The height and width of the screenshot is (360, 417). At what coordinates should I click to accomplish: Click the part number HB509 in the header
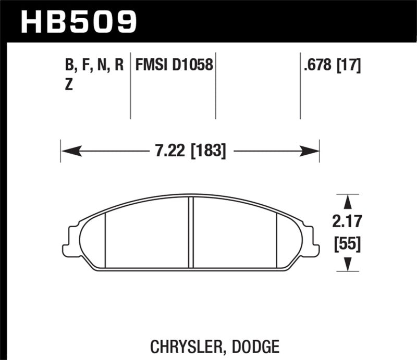coord(78,21)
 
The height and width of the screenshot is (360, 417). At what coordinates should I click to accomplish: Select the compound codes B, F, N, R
coord(94,65)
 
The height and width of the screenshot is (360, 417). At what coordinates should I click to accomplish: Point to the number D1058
coord(192,65)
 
